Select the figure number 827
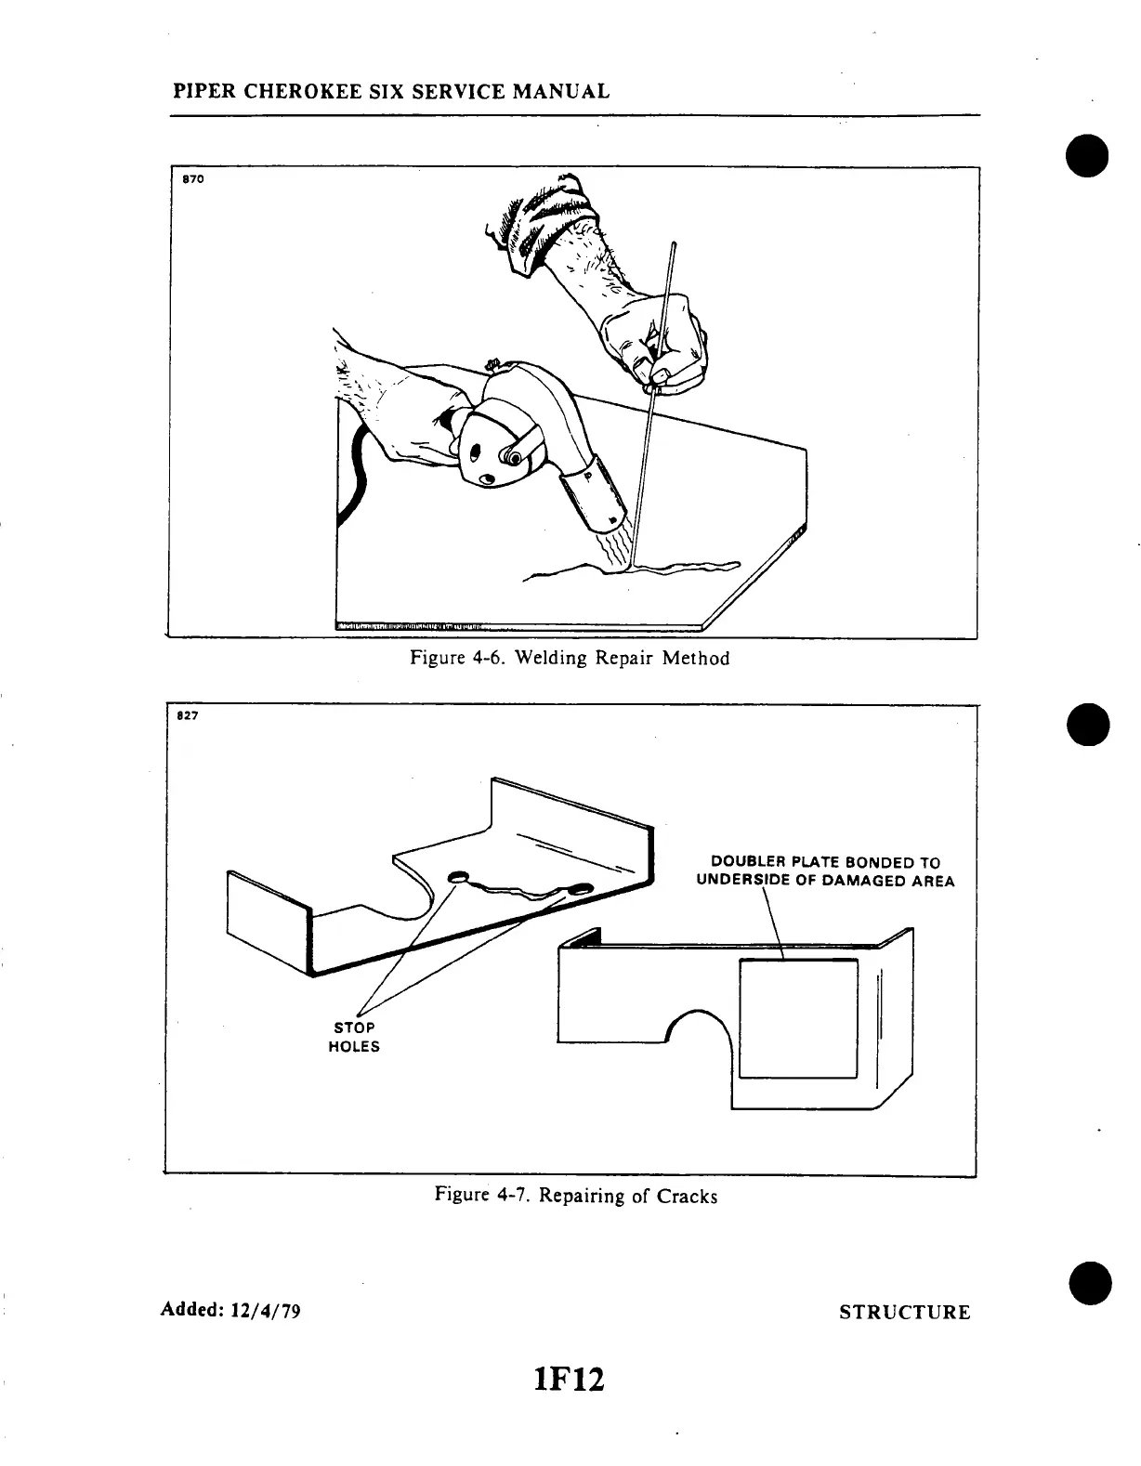tap(187, 716)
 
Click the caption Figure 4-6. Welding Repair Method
tap(570, 659)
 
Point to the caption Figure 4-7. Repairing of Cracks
tap(576, 1196)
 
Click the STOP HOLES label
tap(354, 1037)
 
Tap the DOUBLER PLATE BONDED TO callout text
tap(825, 862)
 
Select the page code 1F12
tap(570, 1379)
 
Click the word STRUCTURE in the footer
tap(904, 1312)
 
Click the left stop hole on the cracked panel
tap(458, 878)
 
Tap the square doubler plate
tap(797, 1018)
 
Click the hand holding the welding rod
tap(656, 339)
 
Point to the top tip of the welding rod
tap(674, 244)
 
